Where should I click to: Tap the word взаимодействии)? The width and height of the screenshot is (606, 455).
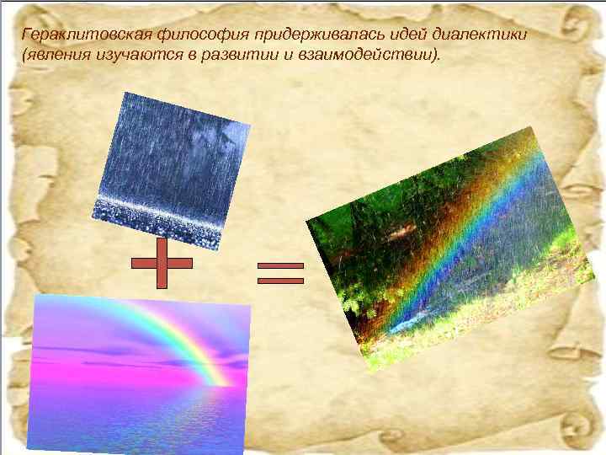point(366,55)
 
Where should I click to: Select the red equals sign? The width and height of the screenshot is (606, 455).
point(280,271)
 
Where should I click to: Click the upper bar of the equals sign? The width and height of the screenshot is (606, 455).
point(280,265)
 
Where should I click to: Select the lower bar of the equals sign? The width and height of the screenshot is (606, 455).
point(280,278)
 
